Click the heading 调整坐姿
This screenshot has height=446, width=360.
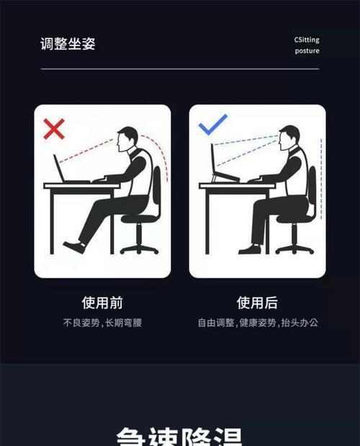(x=68, y=44)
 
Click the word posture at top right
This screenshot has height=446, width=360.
(x=307, y=51)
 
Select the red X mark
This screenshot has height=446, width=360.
(x=54, y=129)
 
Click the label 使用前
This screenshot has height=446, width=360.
(x=102, y=303)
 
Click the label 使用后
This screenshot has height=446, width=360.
(x=257, y=303)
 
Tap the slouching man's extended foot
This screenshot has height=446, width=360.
(x=73, y=247)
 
